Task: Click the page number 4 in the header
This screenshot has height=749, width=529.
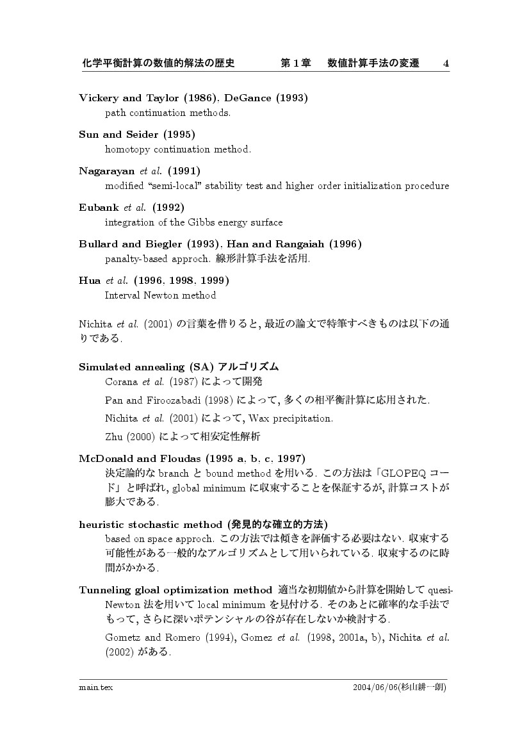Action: click(x=446, y=63)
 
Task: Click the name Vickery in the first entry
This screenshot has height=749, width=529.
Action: click(x=99, y=98)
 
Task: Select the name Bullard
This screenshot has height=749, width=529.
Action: click(x=99, y=244)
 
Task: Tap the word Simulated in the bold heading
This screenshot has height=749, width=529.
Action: click(x=105, y=367)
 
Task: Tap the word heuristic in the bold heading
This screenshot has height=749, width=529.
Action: click(x=101, y=524)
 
